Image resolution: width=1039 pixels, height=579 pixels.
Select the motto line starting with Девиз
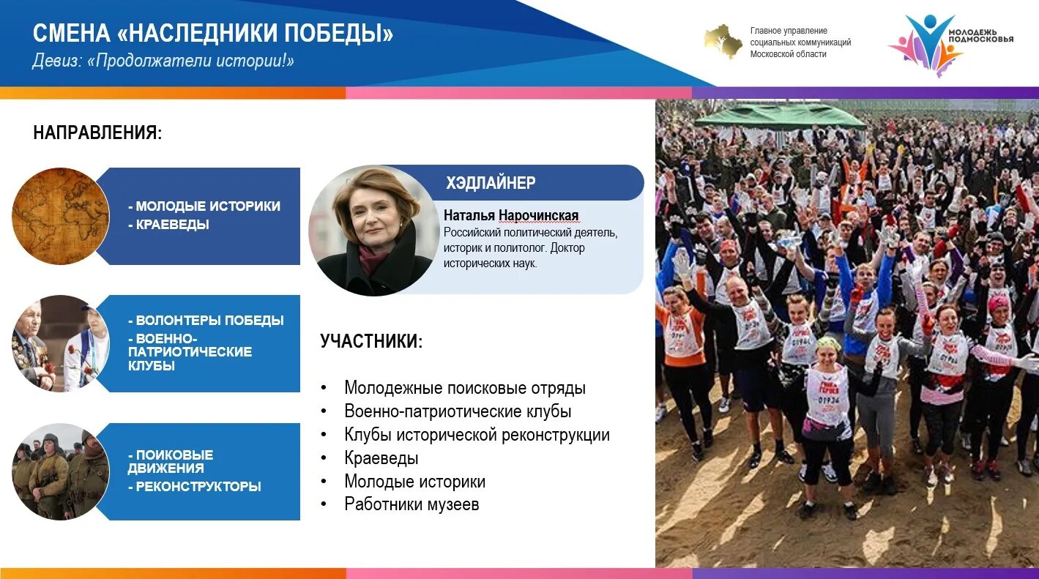pos(163,61)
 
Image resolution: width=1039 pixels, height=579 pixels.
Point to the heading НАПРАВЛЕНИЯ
pos(97,132)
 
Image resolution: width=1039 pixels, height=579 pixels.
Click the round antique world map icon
pos(60,216)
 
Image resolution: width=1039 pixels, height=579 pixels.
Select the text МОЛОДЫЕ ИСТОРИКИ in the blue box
pos(208,206)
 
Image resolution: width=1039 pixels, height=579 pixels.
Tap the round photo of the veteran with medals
pos(60,343)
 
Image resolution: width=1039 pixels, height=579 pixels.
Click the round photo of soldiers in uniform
pos(60,471)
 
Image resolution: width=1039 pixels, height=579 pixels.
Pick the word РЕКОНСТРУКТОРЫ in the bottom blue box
pos(198,486)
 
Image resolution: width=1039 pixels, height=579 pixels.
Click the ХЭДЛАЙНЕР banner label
pos(491,183)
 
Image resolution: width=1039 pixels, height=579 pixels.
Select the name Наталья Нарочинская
pos(510,215)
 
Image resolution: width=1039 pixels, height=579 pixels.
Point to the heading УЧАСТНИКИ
pos(371,341)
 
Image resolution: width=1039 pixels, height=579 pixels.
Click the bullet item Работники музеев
pos(411,504)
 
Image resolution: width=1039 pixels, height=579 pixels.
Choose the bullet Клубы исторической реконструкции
pos(477,435)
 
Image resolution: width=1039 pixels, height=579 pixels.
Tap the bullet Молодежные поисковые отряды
pos(465,388)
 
